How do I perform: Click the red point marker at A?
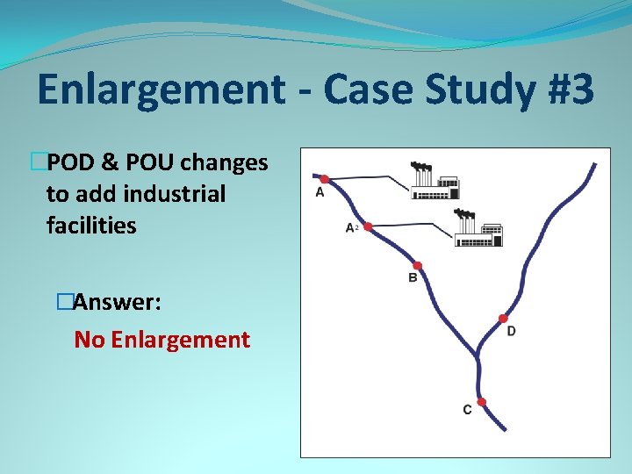[x=324, y=179]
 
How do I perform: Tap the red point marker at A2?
[x=368, y=226]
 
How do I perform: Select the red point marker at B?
[x=417, y=265]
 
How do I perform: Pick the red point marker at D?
[x=503, y=318]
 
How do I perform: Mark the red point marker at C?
[x=481, y=402]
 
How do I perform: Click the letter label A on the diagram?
[x=320, y=193]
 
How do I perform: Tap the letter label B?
[x=413, y=279]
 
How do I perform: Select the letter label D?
[x=511, y=331]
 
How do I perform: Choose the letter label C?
[x=467, y=410]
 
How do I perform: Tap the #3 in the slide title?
[x=559, y=89]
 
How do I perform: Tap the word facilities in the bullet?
[x=91, y=225]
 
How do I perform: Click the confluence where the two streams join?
[x=478, y=355]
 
